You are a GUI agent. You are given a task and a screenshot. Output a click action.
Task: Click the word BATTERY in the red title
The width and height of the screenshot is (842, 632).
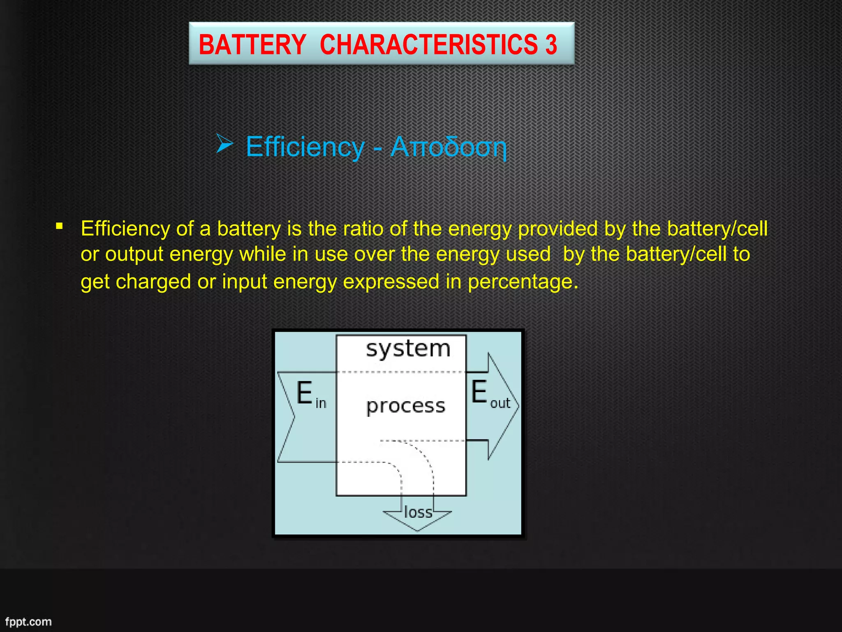[252, 44]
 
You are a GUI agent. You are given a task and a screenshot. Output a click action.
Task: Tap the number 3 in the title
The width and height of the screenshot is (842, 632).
[551, 44]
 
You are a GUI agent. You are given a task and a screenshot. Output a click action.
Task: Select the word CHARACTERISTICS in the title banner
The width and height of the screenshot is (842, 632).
[428, 44]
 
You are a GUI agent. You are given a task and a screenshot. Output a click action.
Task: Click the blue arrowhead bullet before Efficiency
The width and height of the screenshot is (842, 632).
[224, 144]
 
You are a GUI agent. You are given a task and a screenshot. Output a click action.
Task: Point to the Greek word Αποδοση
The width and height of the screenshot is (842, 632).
[448, 147]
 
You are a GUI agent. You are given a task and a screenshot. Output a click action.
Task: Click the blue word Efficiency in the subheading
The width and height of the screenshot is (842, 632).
[305, 147]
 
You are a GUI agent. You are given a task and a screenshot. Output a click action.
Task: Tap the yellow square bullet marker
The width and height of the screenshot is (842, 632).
[60, 226]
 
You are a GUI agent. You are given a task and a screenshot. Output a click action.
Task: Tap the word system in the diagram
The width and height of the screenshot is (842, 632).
[408, 349]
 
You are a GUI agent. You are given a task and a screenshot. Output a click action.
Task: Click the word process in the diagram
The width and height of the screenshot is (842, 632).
[406, 406]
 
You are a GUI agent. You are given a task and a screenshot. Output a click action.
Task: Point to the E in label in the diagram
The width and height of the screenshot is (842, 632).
[311, 394]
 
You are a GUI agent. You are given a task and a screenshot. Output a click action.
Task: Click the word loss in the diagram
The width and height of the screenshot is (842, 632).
[418, 512]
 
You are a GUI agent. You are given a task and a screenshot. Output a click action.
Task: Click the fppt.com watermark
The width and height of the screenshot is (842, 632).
[28, 621]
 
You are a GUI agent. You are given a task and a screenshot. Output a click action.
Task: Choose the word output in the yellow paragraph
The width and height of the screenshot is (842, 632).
[134, 254]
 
